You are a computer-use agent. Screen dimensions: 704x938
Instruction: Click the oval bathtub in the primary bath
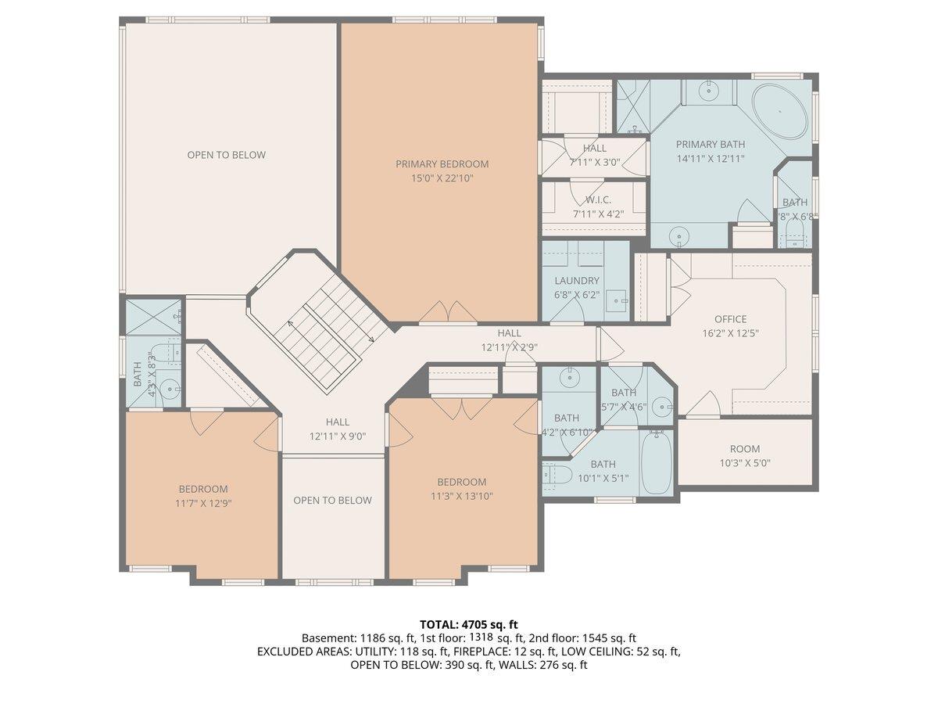pyautogui.click(x=780, y=112)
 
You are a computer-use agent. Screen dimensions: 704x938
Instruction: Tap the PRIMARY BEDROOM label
pyautogui.click(x=442, y=164)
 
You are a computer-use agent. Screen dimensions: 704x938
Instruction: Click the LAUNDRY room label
pyautogui.click(x=577, y=281)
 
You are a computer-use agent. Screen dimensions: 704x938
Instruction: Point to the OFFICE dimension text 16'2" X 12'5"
pyautogui.click(x=730, y=332)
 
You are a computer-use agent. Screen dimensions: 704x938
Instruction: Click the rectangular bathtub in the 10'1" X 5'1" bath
pyautogui.click(x=656, y=462)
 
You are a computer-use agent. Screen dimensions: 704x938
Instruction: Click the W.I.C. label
pyautogui.click(x=598, y=199)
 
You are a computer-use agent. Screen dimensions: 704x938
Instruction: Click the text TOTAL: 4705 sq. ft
pyautogui.click(x=469, y=624)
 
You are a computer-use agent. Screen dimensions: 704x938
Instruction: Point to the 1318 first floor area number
pyautogui.click(x=482, y=638)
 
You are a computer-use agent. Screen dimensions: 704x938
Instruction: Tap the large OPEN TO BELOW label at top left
pyautogui.click(x=226, y=155)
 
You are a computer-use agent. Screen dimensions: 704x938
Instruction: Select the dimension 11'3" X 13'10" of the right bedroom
pyautogui.click(x=461, y=495)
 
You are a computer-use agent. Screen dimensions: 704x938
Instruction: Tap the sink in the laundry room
pyautogui.click(x=619, y=299)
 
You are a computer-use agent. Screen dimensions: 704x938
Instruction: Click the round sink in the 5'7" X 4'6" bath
pyautogui.click(x=661, y=406)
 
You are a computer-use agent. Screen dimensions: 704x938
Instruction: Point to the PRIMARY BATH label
pyautogui.click(x=710, y=144)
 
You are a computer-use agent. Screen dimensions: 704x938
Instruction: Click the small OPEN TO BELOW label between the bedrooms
pyautogui.click(x=332, y=501)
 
